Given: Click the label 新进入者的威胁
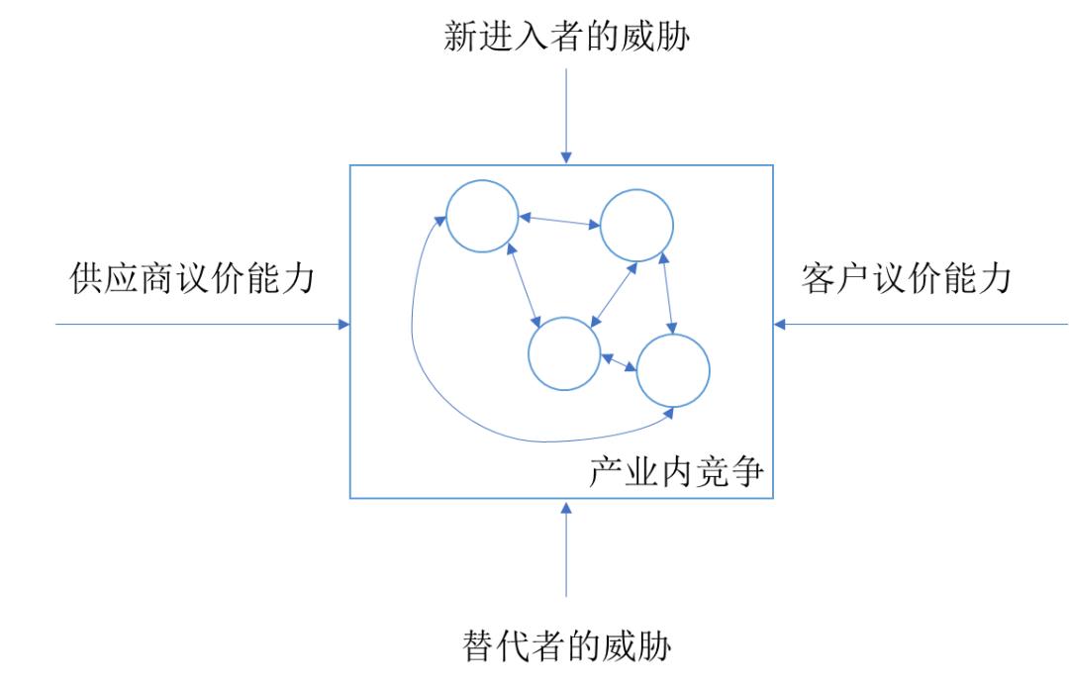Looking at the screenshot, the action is coord(566,36).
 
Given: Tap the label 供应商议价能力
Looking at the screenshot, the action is coord(192,278).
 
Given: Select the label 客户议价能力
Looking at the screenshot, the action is coord(906,278).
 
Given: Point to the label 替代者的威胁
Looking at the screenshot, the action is coord(566,645).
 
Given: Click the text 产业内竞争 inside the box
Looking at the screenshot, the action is coord(676,472).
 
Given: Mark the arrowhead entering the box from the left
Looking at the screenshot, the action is coord(343,325).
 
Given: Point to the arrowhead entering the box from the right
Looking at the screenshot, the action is coord(780,325).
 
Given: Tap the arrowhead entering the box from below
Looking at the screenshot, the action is coord(566,508).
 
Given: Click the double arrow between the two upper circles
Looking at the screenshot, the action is coord(559,221).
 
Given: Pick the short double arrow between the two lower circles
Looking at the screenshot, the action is coord(619,362).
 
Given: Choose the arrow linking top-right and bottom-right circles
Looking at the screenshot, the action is coord(667,293).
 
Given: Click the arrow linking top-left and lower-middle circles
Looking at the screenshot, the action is coord(524,286).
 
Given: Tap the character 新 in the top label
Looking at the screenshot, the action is coord(460,36).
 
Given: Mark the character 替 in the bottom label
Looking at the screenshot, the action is coord(479,645).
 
